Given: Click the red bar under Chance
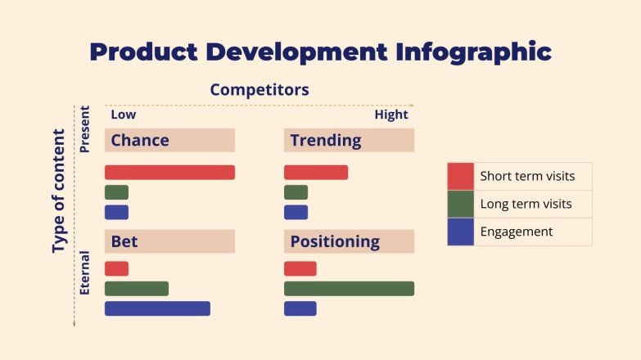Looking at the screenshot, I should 169,173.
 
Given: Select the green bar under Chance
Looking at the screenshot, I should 116,192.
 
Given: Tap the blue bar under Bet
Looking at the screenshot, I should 157,308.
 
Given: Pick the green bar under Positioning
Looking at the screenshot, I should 349,288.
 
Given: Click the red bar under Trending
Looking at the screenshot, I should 316,173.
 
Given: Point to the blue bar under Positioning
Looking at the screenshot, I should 300,308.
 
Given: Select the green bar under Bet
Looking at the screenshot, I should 137,288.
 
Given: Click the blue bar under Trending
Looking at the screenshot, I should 296,212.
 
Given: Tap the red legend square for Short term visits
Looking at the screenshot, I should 460,176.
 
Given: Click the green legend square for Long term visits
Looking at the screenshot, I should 460,204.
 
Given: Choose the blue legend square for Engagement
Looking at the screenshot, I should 460,232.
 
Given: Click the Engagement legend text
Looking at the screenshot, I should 516,232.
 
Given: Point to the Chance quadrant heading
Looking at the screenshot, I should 140,140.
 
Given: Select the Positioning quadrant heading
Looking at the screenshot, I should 335,241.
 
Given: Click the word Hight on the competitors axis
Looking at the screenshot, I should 390,115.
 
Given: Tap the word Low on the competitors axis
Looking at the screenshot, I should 124,115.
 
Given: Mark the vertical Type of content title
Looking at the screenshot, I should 58,191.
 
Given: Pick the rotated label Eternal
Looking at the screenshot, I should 84,277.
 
